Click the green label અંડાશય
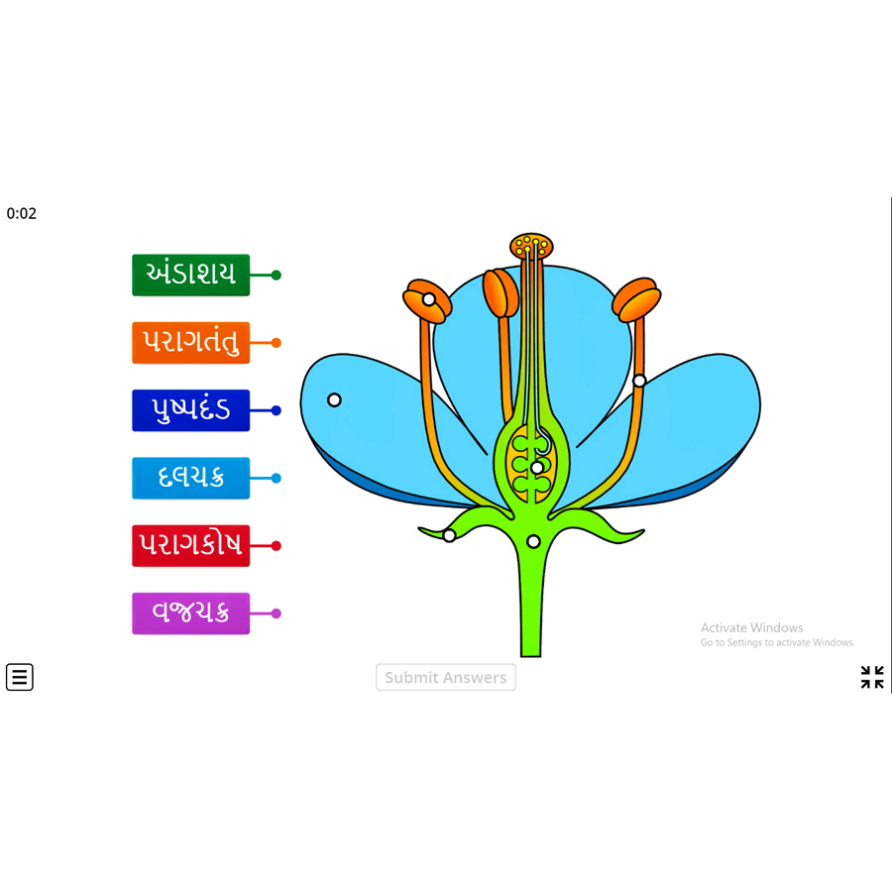point(190,275)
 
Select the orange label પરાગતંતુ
point(190,343)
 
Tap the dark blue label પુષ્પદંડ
point(190,410)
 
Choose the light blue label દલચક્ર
point(190,478)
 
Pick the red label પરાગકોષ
point(190,546)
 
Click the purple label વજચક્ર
point(190,613)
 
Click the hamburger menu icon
point(20,677)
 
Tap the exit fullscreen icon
point(872,677)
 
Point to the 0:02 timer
point(22,213)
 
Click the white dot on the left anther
point(429,299)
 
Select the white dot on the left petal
point(334,400)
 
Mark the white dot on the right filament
point(639,381)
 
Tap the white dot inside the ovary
point(537,468)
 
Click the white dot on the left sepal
point(449,536)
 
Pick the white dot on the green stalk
point(533,541)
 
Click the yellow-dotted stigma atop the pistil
point(531,245)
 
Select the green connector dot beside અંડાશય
point(277,276)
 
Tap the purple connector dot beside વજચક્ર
point(277,613)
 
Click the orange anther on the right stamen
point(636,299)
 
